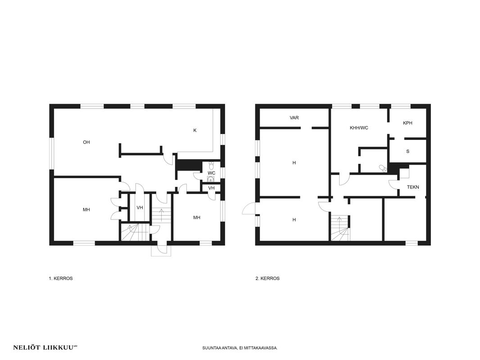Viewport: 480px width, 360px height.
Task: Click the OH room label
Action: point(86,142)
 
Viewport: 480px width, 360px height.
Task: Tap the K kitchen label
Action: point(195,130)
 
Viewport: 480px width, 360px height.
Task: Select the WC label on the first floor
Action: point(212,173)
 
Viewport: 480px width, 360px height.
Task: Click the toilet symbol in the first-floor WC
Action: point(211,166)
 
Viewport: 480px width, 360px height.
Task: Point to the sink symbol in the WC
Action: point(211,179)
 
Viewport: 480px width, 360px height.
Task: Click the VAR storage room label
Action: point(294,118)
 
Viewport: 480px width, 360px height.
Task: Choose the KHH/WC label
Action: point(359,128)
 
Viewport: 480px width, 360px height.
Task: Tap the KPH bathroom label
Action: point(408,123)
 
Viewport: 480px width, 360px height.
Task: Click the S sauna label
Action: point(408,151)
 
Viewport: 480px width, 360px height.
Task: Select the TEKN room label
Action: point(413,187)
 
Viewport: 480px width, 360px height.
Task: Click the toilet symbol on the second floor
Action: point(383,168)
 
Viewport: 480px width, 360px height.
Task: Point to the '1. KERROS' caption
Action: point(61,279)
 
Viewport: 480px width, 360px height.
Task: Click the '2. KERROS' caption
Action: point(267,279)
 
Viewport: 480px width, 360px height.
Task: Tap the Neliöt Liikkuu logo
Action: point(45,347)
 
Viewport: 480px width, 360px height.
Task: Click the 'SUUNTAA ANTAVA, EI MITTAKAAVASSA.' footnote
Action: point(240,348)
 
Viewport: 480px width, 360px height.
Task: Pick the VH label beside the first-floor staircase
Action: point(140,208)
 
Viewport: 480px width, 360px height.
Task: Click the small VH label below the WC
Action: point(211,188)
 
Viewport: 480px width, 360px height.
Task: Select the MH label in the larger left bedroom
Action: point(86,210)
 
